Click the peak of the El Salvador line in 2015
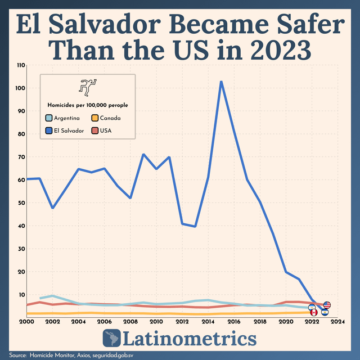click(x=221, y=82)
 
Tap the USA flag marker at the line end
click(x=327, y=305)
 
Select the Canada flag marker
click(x=314, y=312)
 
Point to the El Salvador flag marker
click(x=325, y=312)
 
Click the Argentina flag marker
click(x=312, y=308)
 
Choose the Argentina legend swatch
click(x=49, y=118)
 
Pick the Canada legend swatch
click(x=95, y=118)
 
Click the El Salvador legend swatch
click(x=49, y=130)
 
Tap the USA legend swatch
click(x=95, y=130)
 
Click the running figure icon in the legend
click(x=87, y=87)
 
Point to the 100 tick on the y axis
click(x=21, y=88)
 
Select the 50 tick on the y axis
click(x=21, y=203)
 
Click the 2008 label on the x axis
click(x=130, y=322)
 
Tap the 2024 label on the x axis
click(x=337, y=322)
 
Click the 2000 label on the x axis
click(x=26, y=322)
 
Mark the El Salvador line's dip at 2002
click(x=52, y=208)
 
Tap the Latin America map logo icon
click(x=111, y=339)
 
